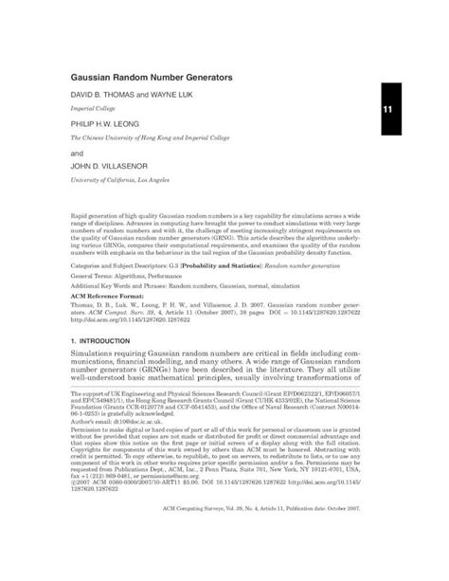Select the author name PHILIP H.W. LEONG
(117, 123)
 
